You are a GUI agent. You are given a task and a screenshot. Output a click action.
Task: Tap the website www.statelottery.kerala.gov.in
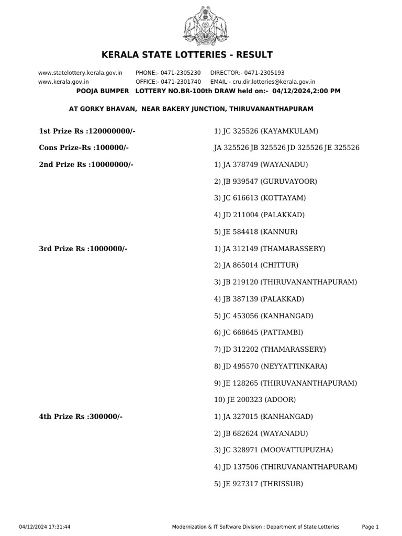click(81, 73)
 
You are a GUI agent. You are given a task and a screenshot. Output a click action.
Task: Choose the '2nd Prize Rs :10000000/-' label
click(86, 164)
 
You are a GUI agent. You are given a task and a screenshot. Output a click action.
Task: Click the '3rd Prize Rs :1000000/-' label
click(83, 249)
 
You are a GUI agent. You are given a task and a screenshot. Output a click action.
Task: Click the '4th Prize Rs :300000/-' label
click(81, 417)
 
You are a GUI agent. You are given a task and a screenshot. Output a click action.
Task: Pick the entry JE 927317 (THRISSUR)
click(259, 484)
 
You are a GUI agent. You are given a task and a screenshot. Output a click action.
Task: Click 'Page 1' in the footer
click(370, 527)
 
